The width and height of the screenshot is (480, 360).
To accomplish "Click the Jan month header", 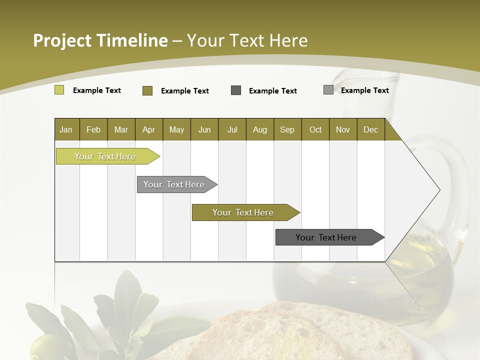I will (66, 129).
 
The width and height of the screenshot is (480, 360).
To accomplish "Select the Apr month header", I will (148, 129).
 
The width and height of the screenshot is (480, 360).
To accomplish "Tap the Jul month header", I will (232, 129).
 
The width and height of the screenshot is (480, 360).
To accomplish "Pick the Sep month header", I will (287, 129).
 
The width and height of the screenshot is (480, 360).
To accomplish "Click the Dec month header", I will (370, 129).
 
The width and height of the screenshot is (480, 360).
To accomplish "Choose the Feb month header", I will (93, 129).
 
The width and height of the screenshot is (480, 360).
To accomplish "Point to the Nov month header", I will (342, 129).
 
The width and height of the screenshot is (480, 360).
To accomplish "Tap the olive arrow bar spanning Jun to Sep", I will (243, 212).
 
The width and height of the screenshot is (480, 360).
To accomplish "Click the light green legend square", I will (59, 90).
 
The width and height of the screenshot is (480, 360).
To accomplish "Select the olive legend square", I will (147, 90).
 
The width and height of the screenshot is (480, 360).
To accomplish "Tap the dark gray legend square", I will (236, 90).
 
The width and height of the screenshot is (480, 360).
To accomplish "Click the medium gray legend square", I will (328, 90).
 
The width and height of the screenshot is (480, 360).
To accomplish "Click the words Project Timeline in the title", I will (100, 40).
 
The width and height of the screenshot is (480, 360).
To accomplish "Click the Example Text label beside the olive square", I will (184, 91).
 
